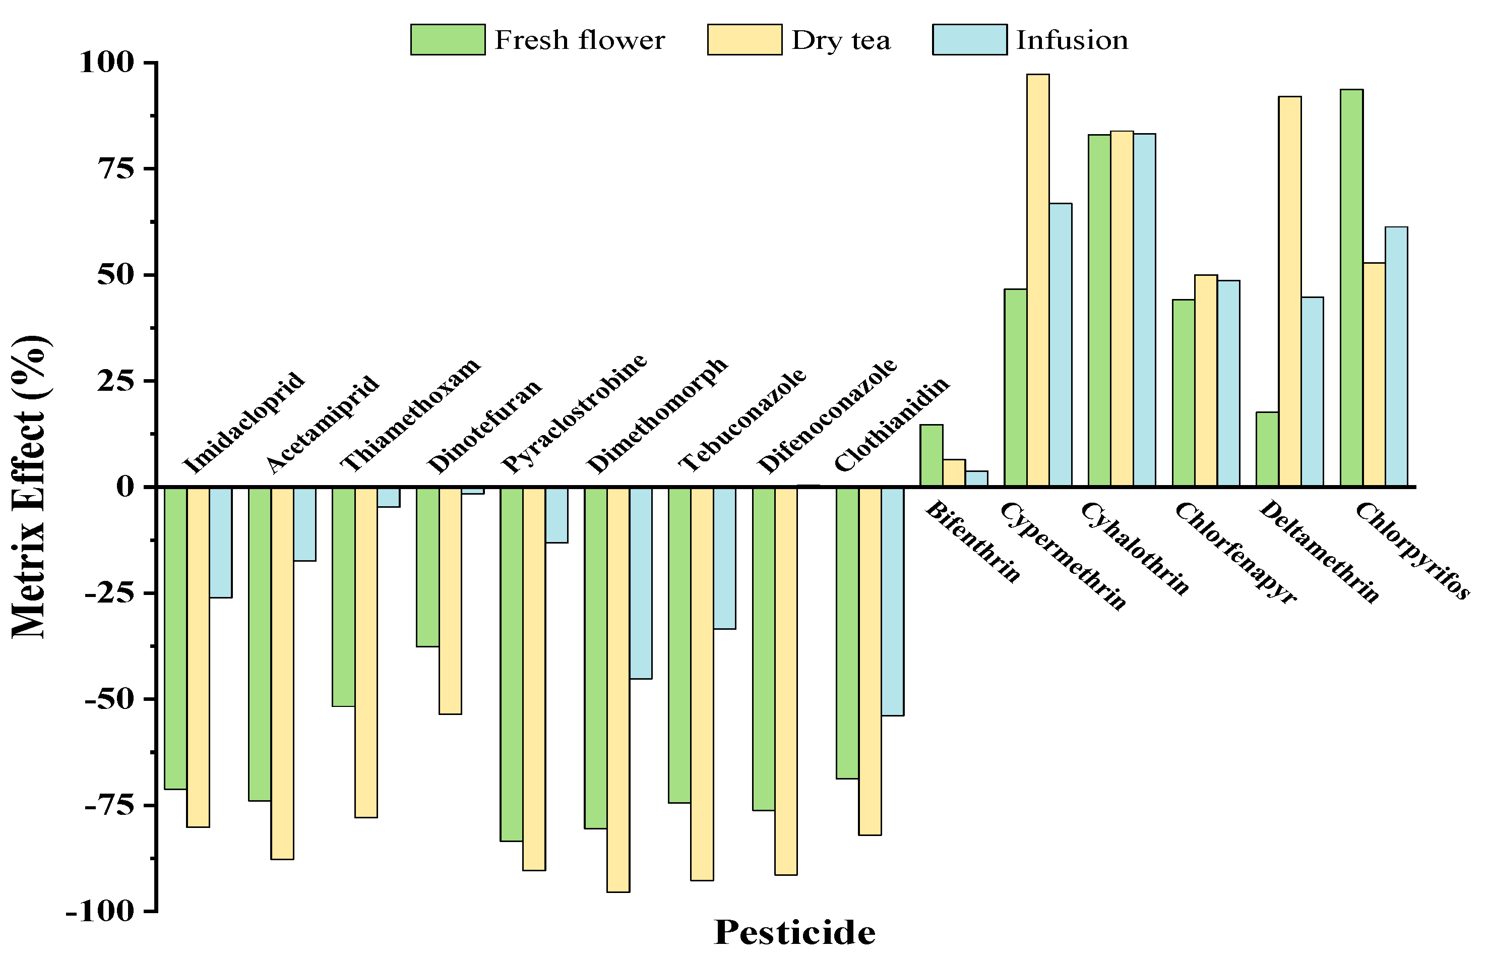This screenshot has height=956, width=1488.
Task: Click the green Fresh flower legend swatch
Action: coord(448,40)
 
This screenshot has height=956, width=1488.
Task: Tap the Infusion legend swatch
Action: coord(969,40)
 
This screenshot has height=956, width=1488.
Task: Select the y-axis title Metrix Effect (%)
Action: coord(30,487)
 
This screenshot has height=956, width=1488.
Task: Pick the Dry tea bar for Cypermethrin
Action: coord(1037,279)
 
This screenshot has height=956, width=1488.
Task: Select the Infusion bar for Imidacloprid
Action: coord(220,542)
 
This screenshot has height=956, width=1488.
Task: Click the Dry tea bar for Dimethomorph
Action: coord(618,689)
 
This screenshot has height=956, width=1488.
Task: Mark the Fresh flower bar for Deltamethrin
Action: coord(1267,449)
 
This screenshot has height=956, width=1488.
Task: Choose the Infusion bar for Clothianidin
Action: coord(892,601)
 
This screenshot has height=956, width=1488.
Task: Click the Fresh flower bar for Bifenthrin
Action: coord(931,455)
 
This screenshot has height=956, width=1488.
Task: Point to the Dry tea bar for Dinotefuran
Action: coord(450,601)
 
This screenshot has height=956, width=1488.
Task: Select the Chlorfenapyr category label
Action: coord(1235,553)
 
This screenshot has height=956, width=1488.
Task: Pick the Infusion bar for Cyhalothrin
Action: coord(1144,309)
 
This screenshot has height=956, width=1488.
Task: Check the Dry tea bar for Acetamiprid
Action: coord(282,673)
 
